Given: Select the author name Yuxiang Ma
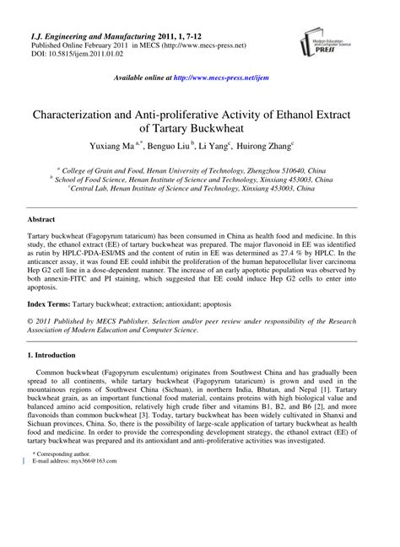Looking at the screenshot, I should (127, 146).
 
